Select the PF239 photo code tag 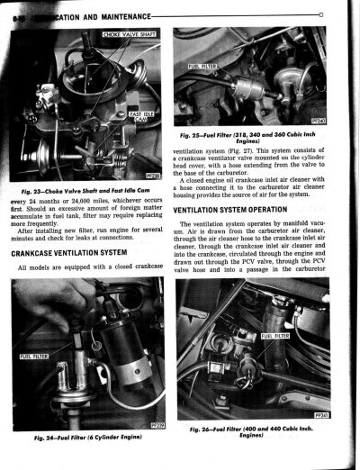click(x=158, y=423)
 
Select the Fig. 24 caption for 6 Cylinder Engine click(x=90, y=437)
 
